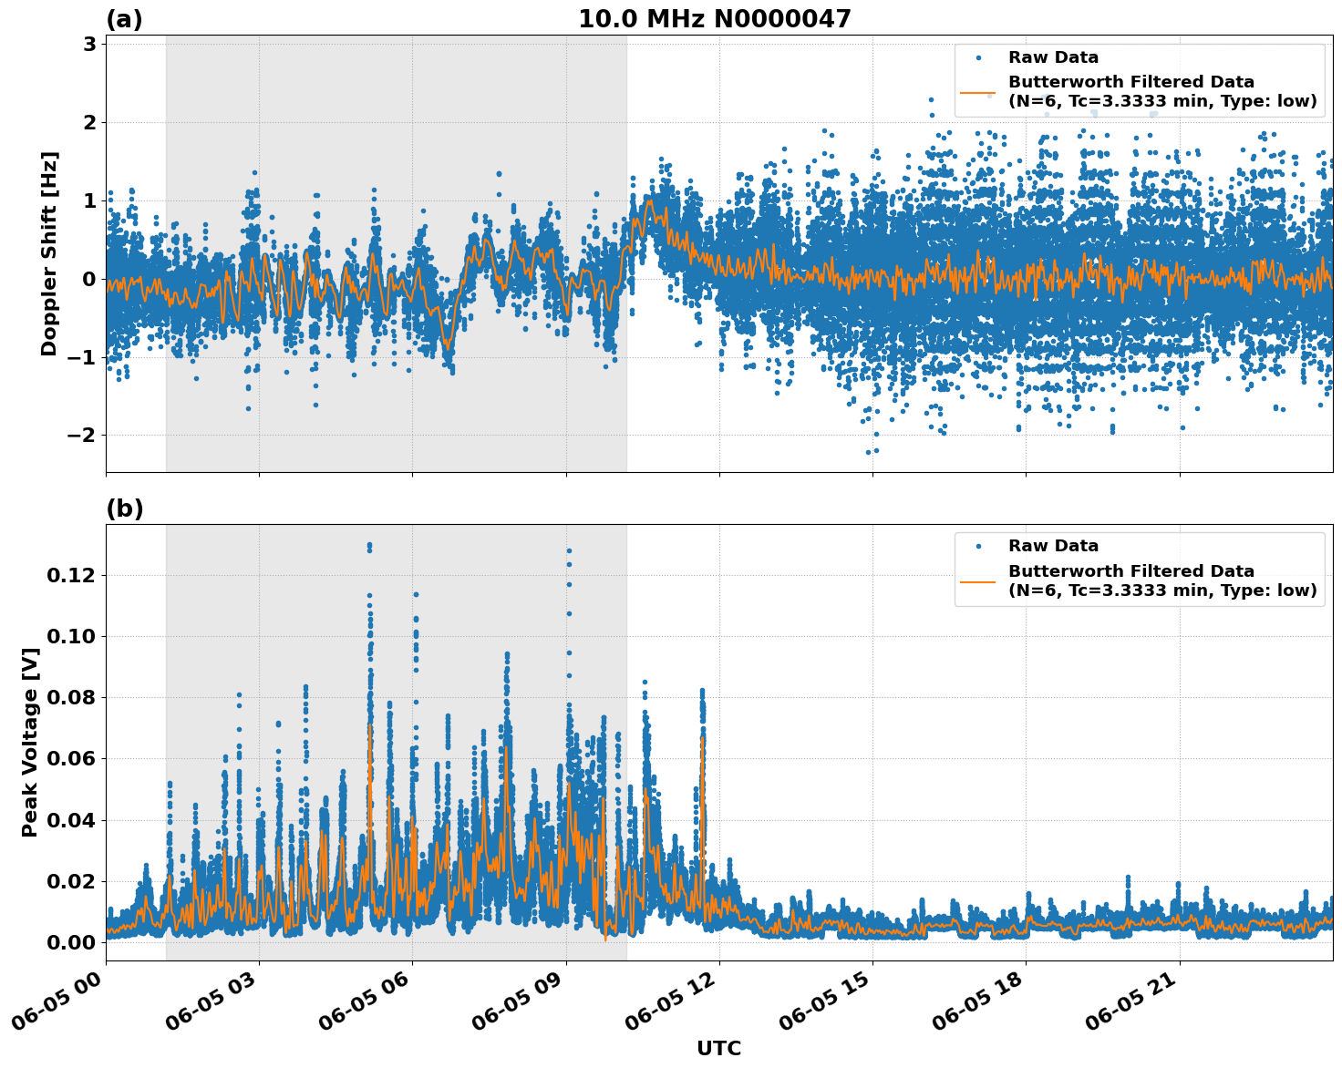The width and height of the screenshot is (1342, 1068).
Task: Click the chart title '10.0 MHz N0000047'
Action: (714, 19)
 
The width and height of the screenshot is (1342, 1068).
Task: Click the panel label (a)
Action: (124, 19)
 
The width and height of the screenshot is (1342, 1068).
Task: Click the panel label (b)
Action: (124, 508)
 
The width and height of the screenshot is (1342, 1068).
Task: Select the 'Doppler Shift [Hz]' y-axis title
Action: (49, 253)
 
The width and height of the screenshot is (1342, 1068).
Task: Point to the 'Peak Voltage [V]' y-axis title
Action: (30, 742)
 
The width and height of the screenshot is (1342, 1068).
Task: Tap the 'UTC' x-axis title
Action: (718, 1048)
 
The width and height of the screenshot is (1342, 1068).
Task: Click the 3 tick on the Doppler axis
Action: (89, 44)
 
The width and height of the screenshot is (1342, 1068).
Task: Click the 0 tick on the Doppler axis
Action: (89, 279)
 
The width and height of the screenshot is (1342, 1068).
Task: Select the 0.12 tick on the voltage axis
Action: (71, 575)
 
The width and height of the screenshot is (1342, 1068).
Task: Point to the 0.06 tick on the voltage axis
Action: (71, 758)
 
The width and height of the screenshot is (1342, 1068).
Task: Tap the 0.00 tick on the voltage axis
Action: (71, 941)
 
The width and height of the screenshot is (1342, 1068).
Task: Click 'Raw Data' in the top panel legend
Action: (1053, 57)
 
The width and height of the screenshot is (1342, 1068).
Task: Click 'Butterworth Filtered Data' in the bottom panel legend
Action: (1130, 571)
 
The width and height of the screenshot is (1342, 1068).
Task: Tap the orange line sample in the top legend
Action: (977, 92)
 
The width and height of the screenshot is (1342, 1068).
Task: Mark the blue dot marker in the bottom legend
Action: (977, 546)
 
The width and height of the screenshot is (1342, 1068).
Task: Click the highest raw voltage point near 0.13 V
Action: (369, 545)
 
